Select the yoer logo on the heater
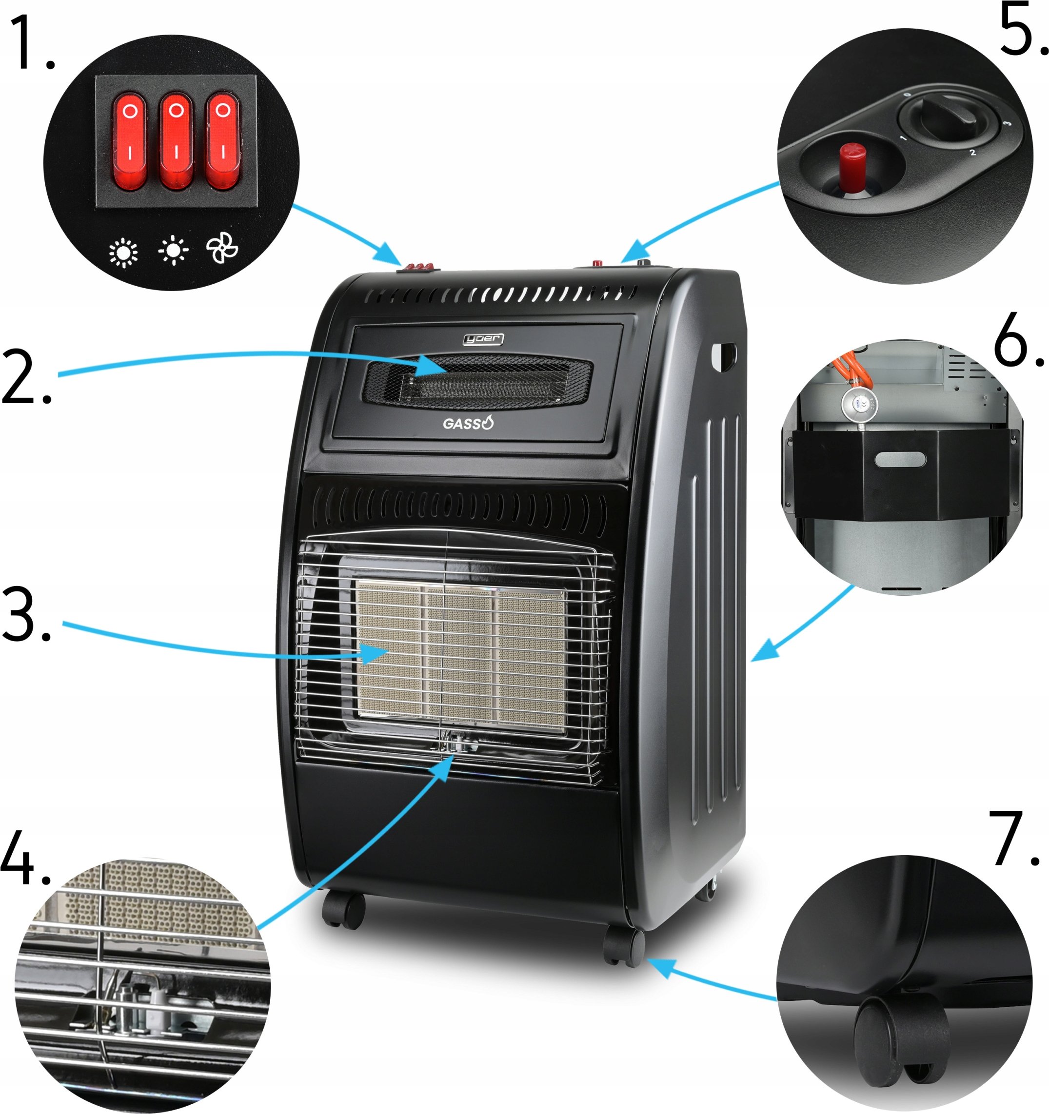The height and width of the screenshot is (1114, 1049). click(x=483, y=338)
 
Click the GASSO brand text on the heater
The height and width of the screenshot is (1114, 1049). click(x=468, y=424)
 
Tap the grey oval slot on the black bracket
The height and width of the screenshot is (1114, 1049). click(x=900, y=460)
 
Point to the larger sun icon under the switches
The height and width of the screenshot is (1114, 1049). click(x=123, y=252)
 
